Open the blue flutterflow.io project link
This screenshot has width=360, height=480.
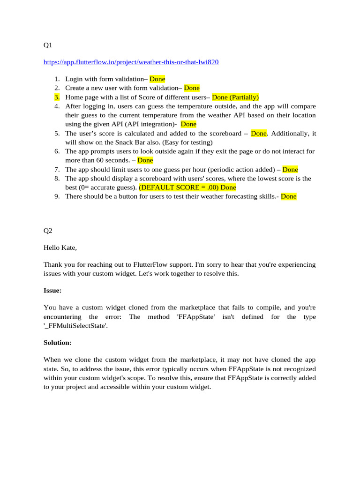click(131, 62)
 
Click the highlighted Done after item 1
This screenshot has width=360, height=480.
click(157, 79)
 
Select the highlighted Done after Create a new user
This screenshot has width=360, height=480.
click(191, 88)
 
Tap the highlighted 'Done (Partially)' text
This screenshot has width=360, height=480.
click(235, 97)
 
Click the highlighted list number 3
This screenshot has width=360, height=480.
click(57, 97)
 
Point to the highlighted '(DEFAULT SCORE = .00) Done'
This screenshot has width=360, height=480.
click(187, 187)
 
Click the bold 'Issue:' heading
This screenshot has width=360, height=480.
click(52, 291)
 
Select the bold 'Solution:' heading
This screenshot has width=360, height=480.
click(58, 343)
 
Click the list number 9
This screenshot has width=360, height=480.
click(57, 197)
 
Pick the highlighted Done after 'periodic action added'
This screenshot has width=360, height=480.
click(290, 170)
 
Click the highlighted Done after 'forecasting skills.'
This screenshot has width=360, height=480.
click(289, 197)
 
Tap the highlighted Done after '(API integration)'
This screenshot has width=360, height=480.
click(188, 124)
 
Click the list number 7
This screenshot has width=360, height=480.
click(57, 170)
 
